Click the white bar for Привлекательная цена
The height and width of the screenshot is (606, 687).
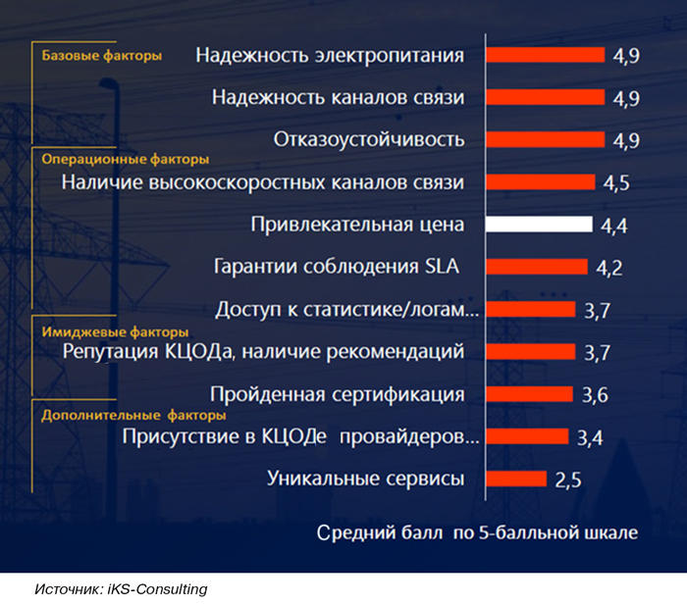coord(539,225)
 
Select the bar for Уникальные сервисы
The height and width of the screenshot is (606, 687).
coord(516,479)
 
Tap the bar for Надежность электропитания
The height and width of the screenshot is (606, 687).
coord(545,55)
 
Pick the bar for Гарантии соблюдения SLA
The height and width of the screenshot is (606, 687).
coord(537,267)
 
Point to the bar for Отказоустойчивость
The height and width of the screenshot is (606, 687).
coord(545,139)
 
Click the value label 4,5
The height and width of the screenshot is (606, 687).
coord(615,182)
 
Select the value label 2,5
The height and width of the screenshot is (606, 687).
coord(568,480)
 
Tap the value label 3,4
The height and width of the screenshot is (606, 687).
coord(589,437)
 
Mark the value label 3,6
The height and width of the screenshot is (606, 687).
coord(595,395)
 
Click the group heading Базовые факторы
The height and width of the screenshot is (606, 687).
coord(101,56)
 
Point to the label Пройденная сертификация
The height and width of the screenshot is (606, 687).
coord(338,394)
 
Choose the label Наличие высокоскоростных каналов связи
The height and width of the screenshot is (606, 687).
coord(263,182)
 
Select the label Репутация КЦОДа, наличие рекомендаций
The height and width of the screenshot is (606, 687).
coord(263,351)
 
